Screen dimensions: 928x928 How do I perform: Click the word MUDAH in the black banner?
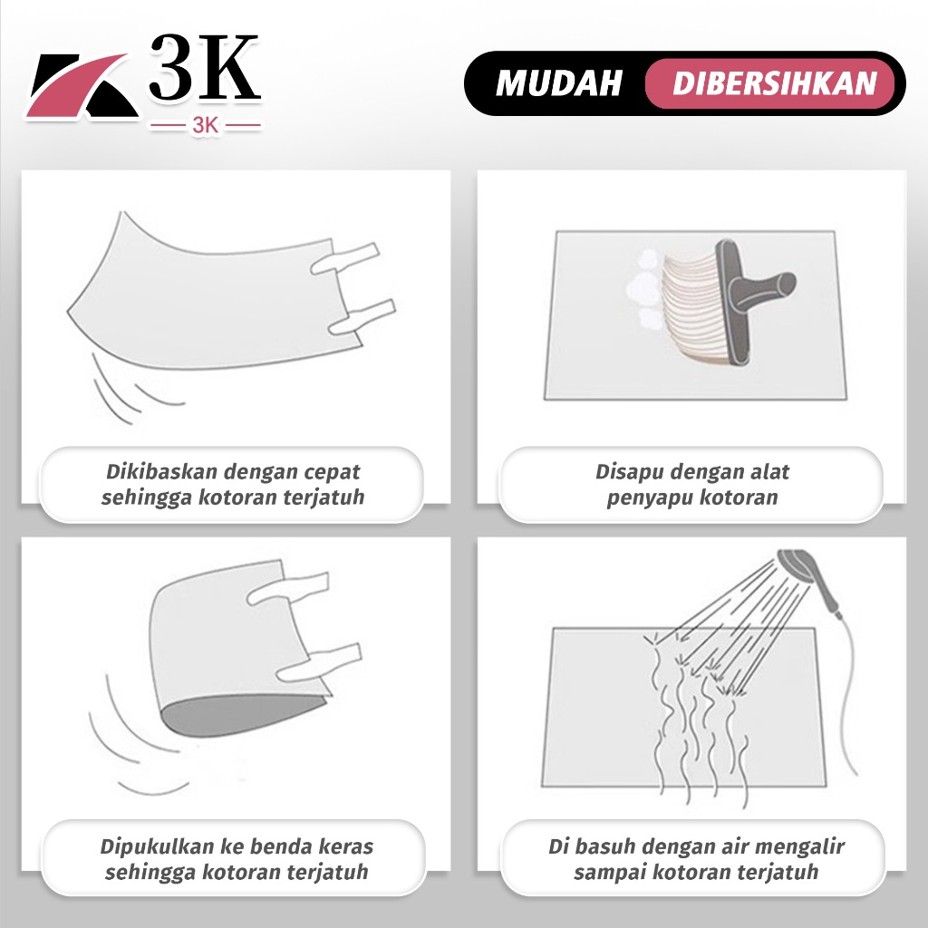(x=558, y=82)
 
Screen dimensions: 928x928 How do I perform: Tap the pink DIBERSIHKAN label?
(x=774, y=82)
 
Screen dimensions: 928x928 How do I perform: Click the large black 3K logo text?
(x=204, y=67)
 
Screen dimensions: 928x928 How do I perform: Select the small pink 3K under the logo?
(x=206, y=125)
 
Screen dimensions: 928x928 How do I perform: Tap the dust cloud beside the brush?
(x=644, y=289)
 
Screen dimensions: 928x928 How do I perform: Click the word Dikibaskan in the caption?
(x=159, y=471)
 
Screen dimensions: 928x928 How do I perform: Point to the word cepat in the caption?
(x=332, y=473)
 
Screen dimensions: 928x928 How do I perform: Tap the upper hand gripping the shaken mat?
(x=344, y=258)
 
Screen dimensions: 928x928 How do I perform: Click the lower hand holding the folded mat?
(x=318, y=662)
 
